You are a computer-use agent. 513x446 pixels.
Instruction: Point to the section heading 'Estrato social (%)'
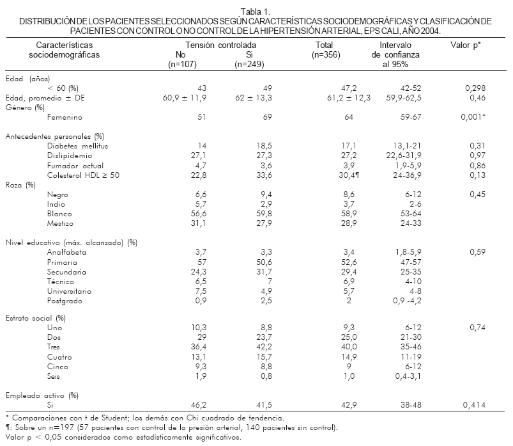(36, 317)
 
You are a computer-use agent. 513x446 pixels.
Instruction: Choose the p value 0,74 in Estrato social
(473, 327)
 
